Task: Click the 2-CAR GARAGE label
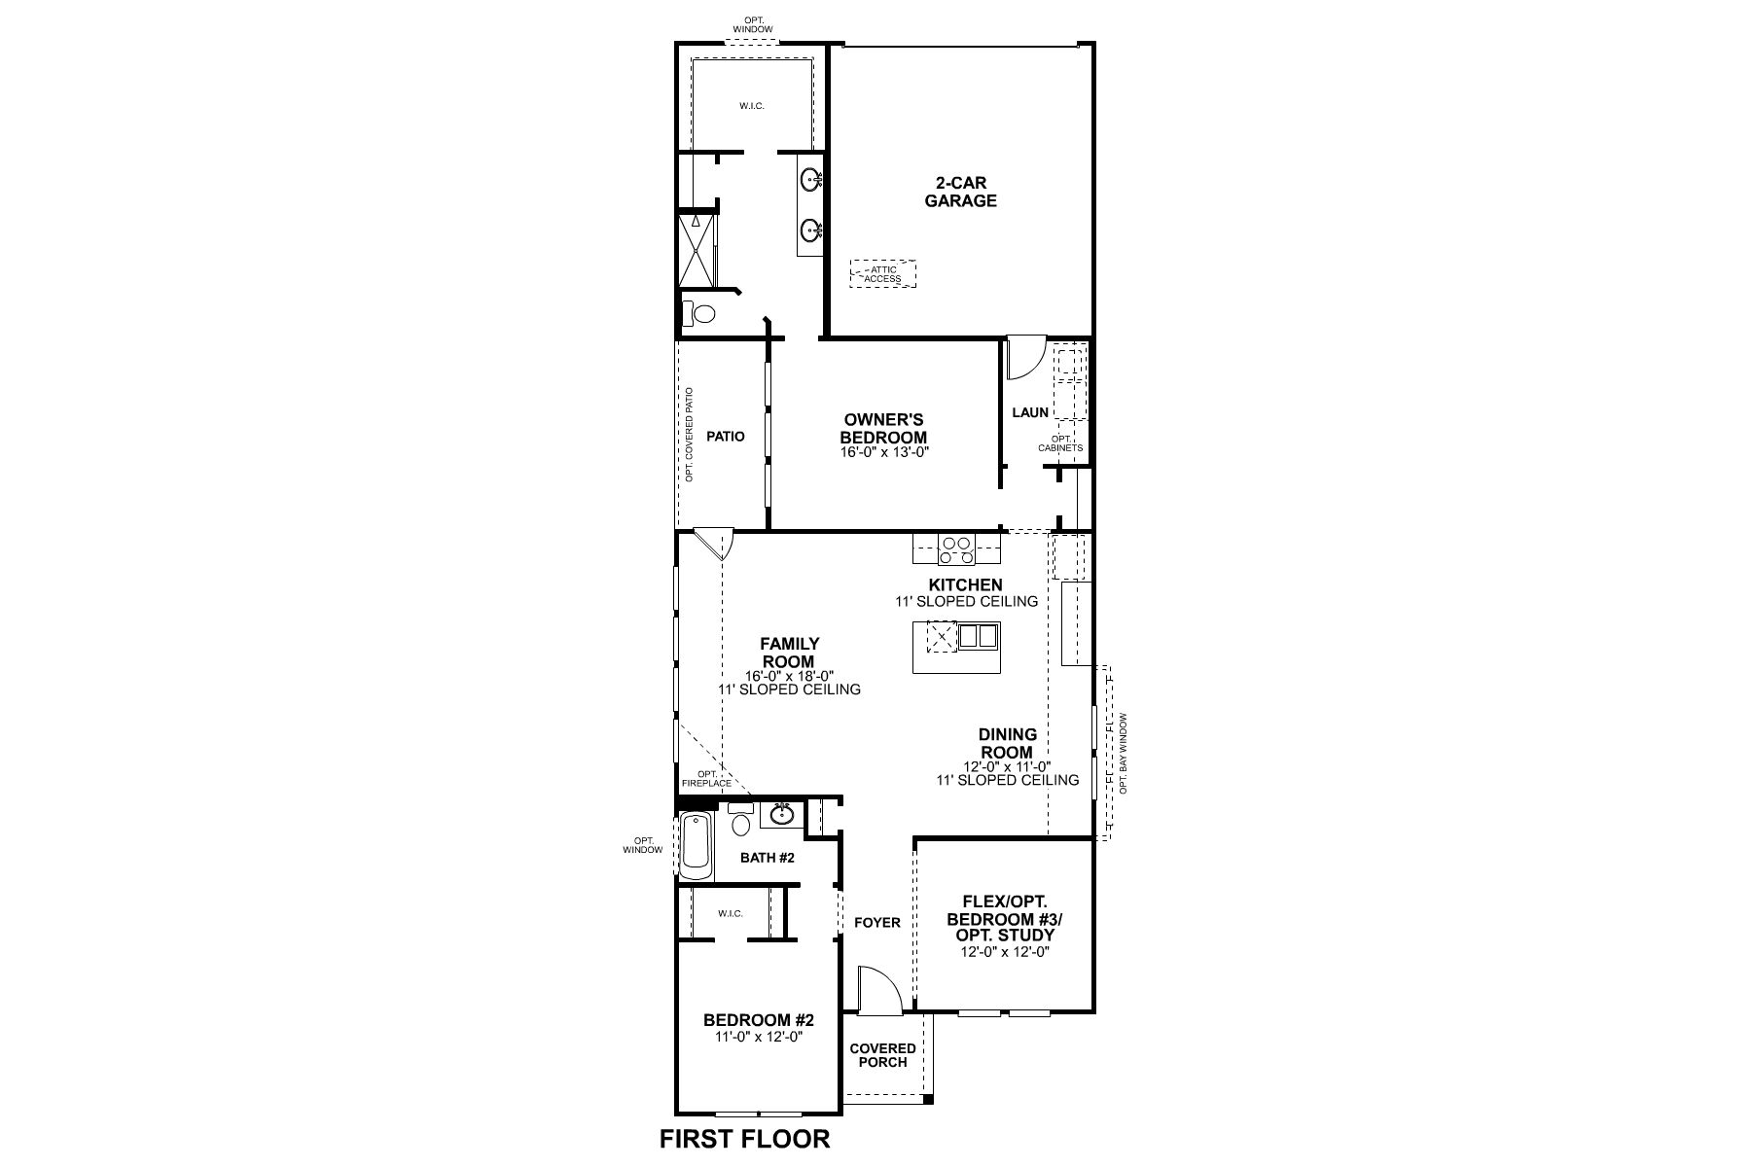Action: click(960, 193)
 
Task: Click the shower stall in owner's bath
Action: click(696, 250)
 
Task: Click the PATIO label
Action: click(726, 437)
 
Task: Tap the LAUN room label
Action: click(1030, 412)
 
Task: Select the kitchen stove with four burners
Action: click(956, 550)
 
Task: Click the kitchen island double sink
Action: click(978, 637)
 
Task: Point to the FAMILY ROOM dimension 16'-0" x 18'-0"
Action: click(789, 676)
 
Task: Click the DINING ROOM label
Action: click(1008, 744)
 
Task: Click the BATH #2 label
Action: click(768, 858)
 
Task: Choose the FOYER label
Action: click(877, 922)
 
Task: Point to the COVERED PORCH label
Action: click(882, 1054)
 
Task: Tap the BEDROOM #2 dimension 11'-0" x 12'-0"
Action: click(758, 1037)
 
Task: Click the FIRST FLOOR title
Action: click(745, 1139)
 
